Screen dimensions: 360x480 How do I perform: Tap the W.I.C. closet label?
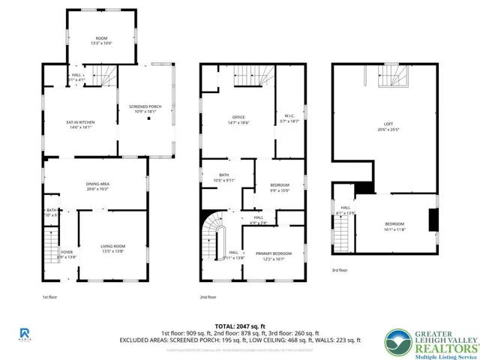click(x=289, y=118)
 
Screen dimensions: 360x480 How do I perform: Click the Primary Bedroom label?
click(x=274, y=256)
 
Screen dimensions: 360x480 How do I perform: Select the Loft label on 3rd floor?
click(x=388, y=126)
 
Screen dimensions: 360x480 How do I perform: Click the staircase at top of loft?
click(x=394, y=76)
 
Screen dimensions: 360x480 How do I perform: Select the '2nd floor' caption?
click(x=210, y=297)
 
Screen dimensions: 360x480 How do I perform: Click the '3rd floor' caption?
click(x=340, y=270)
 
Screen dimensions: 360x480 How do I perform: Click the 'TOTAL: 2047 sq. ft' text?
click(x=240, y=326)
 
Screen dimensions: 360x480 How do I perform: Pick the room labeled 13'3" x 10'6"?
click(x=101, y=40)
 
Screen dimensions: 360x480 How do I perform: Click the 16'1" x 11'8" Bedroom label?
click(x=394, y=226)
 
